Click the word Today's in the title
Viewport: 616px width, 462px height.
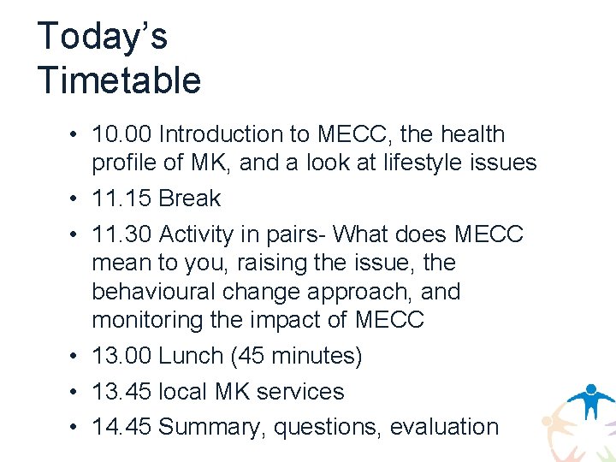point(103,37)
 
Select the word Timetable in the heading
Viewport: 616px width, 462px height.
point(119,80)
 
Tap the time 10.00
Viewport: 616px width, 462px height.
point(121,134)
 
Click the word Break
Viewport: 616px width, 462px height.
point(190,198)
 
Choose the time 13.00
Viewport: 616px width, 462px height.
point(121,356)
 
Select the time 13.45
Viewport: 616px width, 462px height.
point(121,392)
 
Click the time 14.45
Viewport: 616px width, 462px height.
point(121,426)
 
